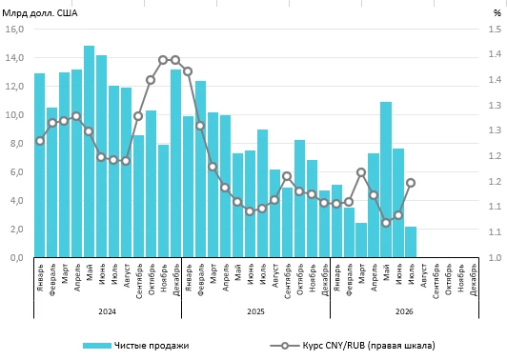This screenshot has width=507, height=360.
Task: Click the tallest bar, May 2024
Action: [89, 151]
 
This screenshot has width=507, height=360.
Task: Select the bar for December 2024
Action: [175, 163]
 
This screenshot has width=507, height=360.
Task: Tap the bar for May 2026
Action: [386, 179]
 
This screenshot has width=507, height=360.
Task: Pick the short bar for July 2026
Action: [411, 242]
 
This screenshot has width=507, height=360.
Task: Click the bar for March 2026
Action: [361, 240]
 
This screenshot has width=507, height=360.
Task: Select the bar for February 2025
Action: [200, 169]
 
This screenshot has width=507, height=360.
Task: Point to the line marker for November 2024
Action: [163, 60]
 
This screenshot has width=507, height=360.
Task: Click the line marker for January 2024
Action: [40, 141]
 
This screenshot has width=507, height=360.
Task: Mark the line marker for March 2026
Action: [361, 172]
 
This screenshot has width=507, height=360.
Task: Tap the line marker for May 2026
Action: [386, 223]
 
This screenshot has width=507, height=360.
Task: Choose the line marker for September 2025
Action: [287, 176]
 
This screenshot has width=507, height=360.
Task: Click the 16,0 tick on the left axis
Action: [14, 30]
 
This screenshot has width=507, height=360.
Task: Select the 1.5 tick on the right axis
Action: [495, 30]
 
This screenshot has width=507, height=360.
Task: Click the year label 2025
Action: [255, 311]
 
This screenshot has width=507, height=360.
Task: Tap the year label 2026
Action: [404, 311]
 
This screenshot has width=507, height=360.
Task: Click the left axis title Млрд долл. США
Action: [40, 13]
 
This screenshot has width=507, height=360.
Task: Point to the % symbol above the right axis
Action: [497, 13]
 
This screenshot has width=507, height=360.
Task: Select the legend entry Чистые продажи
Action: [135, 346]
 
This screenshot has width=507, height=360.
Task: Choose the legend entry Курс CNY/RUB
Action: [353, 346]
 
